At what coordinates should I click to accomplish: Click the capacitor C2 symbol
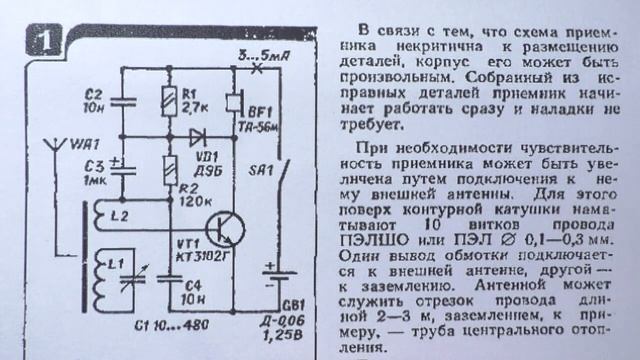tap(125, 100)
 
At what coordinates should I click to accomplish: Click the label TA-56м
tap(262, 115)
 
